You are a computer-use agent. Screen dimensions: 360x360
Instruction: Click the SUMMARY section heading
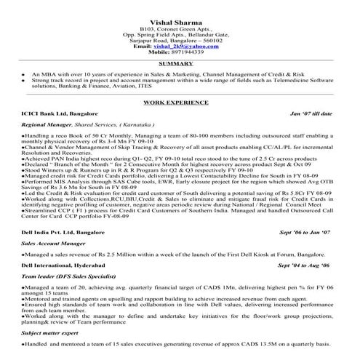tap(180, 64)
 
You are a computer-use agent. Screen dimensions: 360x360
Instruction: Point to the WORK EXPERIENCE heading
tap(179, 105)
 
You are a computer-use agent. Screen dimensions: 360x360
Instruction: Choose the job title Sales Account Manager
tap(52, 241)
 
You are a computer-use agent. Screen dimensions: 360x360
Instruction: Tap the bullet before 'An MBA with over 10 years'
tap(25, 75)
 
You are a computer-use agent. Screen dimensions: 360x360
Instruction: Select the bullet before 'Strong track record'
tap(25, 81)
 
